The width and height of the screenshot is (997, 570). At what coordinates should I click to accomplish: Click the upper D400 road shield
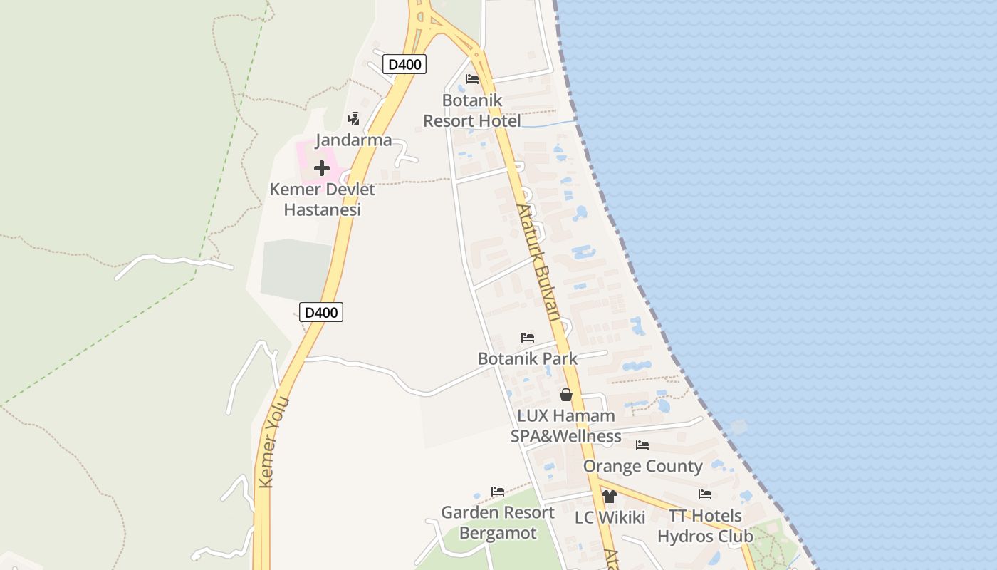(404, 64)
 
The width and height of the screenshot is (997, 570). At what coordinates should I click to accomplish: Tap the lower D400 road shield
(321, 312)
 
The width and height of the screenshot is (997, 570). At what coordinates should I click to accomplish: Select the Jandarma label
(353, 140)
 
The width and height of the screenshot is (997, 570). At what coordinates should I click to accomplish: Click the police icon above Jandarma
(353, 118)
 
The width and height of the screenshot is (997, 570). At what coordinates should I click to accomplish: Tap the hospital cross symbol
(322, 168)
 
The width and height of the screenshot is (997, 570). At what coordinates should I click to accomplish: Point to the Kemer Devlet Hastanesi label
(322, 199)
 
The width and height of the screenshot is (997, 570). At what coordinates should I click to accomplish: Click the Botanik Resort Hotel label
(472, 110)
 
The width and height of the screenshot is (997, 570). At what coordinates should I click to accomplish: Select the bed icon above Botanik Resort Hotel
(472, 78)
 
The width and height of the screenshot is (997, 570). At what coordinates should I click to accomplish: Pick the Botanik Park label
(528, 358)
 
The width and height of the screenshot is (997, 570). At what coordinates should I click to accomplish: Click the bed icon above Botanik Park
(528, 337)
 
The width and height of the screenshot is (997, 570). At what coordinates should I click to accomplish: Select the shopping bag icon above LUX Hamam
(566, 394)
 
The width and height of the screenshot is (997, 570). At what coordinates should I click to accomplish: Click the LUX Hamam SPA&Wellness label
(566, 425)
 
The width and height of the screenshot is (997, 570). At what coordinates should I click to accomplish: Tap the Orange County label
(642, 466)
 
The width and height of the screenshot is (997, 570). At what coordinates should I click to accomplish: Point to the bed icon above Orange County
(642, 445)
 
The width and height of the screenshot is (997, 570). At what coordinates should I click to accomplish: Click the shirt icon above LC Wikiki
(609, 496)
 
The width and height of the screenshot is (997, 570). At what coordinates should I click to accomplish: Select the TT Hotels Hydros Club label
(705, 526)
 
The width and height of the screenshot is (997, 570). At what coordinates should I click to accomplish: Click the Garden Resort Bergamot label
(498, 522)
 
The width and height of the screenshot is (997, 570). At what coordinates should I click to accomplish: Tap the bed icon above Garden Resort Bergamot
(498, 492)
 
